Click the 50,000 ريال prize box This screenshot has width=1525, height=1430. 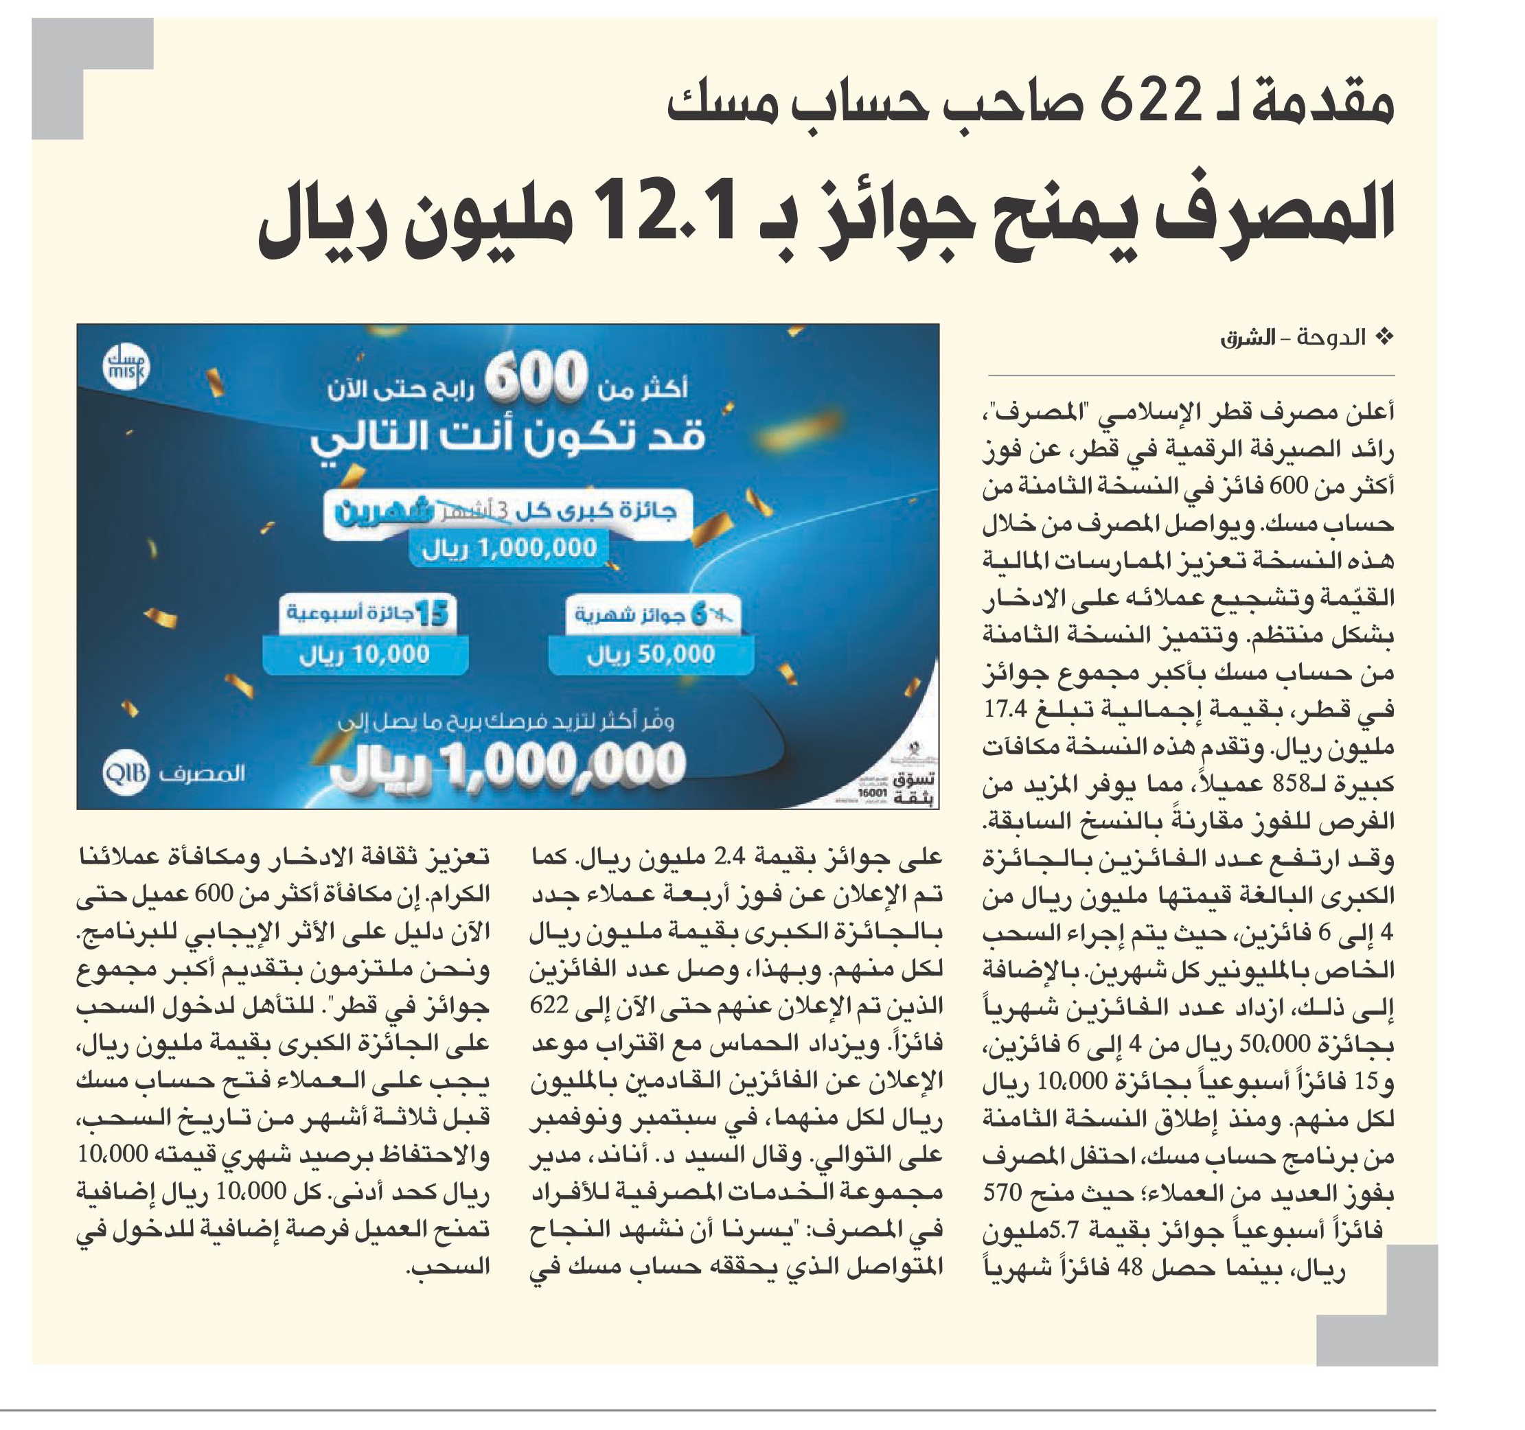[650, 654]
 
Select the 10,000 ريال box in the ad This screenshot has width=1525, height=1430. [365, 654]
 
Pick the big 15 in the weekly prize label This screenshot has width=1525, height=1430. [433, 614]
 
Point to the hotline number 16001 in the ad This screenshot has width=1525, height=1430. [871, 791]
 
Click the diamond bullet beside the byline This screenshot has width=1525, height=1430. [1385, 337]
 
